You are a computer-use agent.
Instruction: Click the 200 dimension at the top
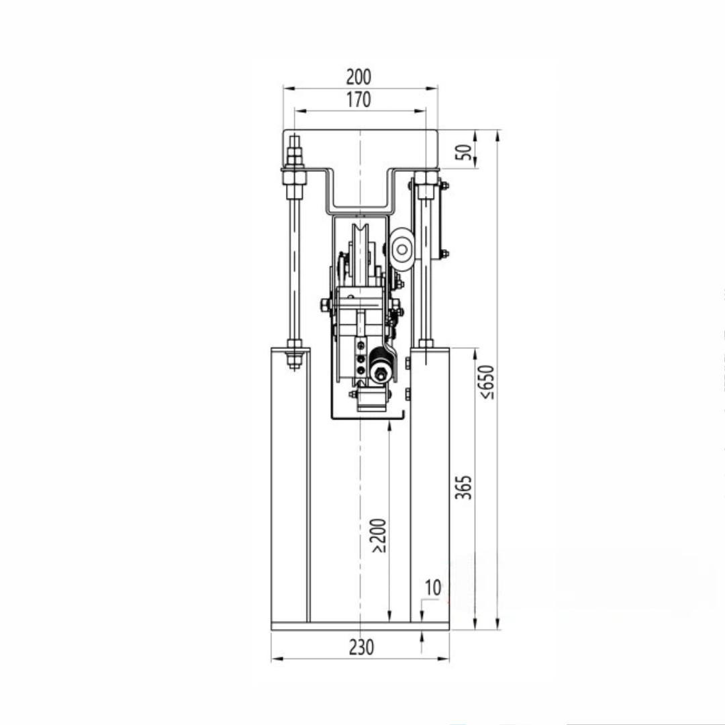358,77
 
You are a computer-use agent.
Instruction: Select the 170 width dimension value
358,100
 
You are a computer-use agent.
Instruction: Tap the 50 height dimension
465,152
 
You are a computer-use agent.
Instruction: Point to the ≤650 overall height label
487,382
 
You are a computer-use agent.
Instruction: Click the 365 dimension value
463,487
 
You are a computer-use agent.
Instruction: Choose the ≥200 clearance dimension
378,536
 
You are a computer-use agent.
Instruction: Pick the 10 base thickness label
432,587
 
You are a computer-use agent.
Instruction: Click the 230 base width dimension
361,647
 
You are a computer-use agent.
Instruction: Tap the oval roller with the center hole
401,250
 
